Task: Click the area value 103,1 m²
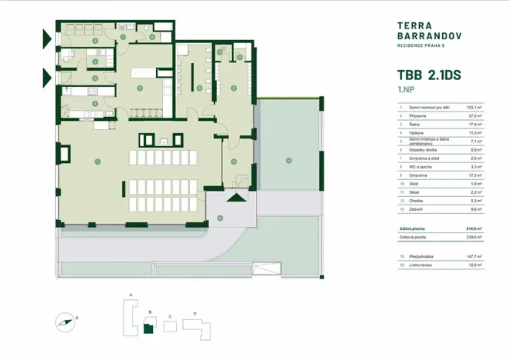pyautogui.click(x=474, y=107)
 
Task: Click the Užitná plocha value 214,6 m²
pyautogui.click(x=474, y=229)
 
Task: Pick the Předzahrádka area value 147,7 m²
pyautogui.click(x=474, y=255)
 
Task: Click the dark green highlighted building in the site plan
pyautogui.click(x=148, y=329)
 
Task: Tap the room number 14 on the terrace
pyautogui.click(x=288, y=160)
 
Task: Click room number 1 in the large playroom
pyautogui.click(x=98, y=162)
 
